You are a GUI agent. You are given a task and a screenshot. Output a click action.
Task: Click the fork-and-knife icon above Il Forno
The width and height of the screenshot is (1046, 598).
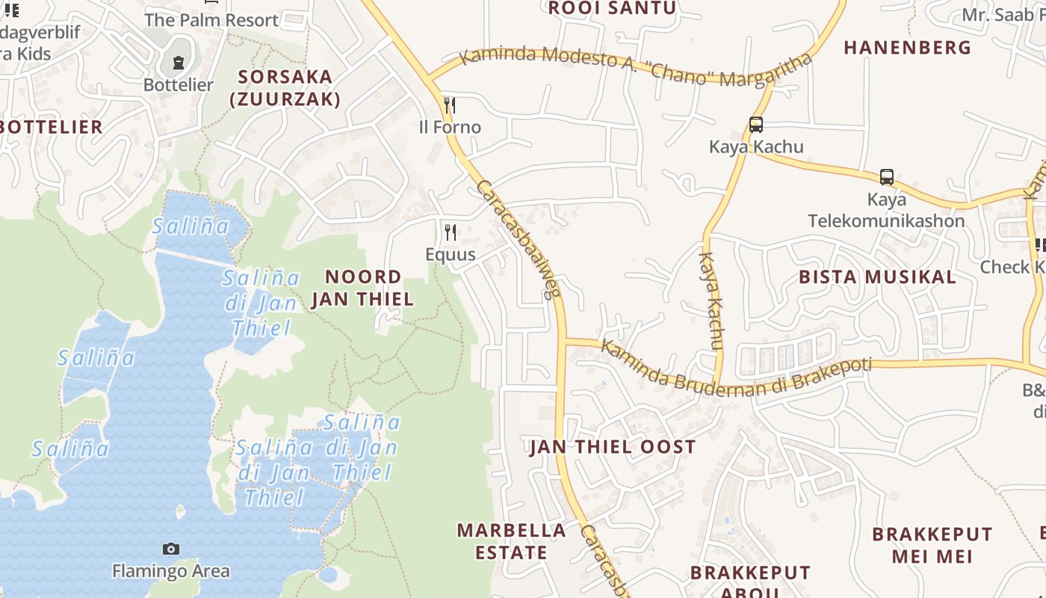point(450,105)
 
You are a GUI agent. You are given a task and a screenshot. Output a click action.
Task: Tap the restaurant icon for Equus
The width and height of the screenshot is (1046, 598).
point(450,232)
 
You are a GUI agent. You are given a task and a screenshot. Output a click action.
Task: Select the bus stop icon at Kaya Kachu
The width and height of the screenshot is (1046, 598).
point(756,125)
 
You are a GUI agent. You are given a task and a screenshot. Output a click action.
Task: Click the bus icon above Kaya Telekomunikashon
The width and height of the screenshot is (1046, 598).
point(887,177)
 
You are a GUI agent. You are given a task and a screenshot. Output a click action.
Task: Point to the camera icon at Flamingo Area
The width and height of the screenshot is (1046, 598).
point(171,549)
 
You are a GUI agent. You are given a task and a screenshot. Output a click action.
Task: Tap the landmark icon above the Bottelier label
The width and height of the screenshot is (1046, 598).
point(179,63)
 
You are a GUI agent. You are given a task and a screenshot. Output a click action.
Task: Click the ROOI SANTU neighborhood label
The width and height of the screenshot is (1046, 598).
point(612,8)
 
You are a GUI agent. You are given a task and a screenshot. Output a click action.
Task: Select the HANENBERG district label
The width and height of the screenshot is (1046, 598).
point(907,48)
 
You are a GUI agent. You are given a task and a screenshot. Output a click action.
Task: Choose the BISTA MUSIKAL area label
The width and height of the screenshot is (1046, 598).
point(877,277)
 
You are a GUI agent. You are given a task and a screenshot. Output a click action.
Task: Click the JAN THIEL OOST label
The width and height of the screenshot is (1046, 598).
point(613,447)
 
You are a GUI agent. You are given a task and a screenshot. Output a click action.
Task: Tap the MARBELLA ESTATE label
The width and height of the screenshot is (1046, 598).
point(512,541)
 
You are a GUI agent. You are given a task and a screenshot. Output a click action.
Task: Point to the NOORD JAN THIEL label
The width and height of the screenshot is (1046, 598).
point(362,288)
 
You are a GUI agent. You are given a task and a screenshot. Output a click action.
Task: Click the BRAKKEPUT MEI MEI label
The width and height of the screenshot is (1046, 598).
point(932,545)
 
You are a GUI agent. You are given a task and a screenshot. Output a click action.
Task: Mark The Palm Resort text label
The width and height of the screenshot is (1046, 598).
point(211,20)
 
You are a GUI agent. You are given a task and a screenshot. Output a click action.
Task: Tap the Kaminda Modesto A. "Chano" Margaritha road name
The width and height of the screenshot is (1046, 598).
point(635,67)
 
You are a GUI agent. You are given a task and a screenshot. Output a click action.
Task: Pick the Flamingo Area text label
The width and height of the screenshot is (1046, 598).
point(171,572)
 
